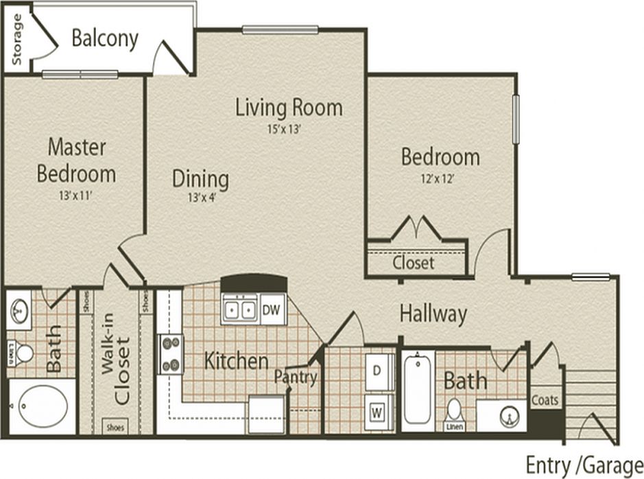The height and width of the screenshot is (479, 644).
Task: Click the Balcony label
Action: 105,38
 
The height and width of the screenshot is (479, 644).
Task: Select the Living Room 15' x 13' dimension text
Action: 289,128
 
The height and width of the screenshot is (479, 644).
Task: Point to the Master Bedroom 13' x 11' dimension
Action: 75,196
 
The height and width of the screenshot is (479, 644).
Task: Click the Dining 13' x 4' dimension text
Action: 199,200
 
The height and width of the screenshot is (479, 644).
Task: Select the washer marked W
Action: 377,412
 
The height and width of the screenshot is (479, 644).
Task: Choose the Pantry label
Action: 296,377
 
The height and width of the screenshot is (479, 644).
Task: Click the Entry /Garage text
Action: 584,465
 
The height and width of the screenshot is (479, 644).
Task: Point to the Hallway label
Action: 433,314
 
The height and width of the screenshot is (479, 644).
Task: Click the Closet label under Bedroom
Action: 414,263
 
